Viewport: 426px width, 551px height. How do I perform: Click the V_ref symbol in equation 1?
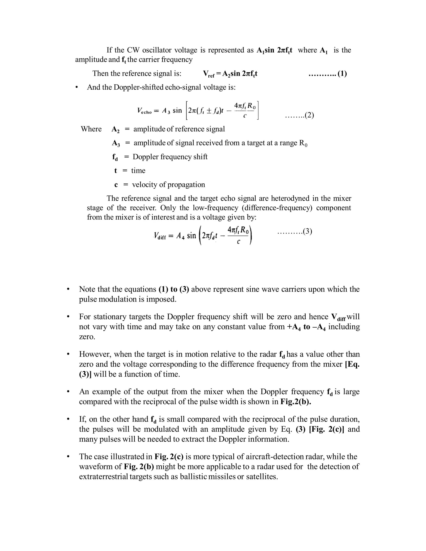click(209, 74)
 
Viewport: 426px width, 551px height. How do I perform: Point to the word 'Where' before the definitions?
click(91, 129)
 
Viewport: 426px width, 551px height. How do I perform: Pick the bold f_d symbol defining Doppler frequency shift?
click(115, 157)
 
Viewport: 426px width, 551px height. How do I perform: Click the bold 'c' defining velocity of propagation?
click(116, 185)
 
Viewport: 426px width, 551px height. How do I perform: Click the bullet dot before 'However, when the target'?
click(68, 355)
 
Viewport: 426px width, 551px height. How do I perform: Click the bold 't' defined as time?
click(116, 171)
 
